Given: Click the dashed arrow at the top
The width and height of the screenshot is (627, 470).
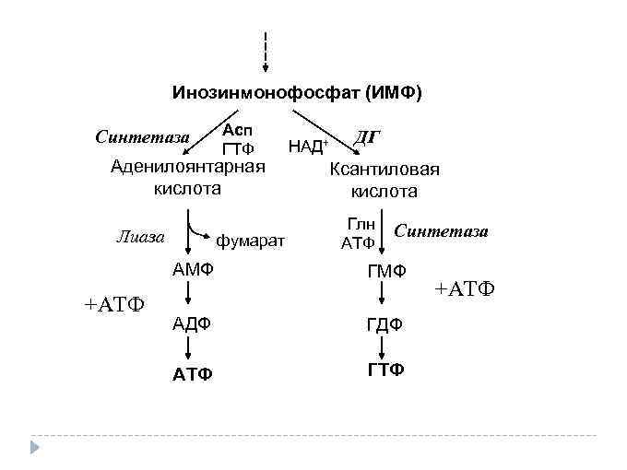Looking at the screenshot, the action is (x=266, y=52).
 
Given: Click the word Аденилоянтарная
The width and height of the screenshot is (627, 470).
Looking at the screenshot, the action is (x=187, y=167).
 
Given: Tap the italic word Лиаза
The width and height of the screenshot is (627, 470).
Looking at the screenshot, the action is (x=140, y=236).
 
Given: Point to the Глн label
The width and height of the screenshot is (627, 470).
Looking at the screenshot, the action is (x=359, y=224).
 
